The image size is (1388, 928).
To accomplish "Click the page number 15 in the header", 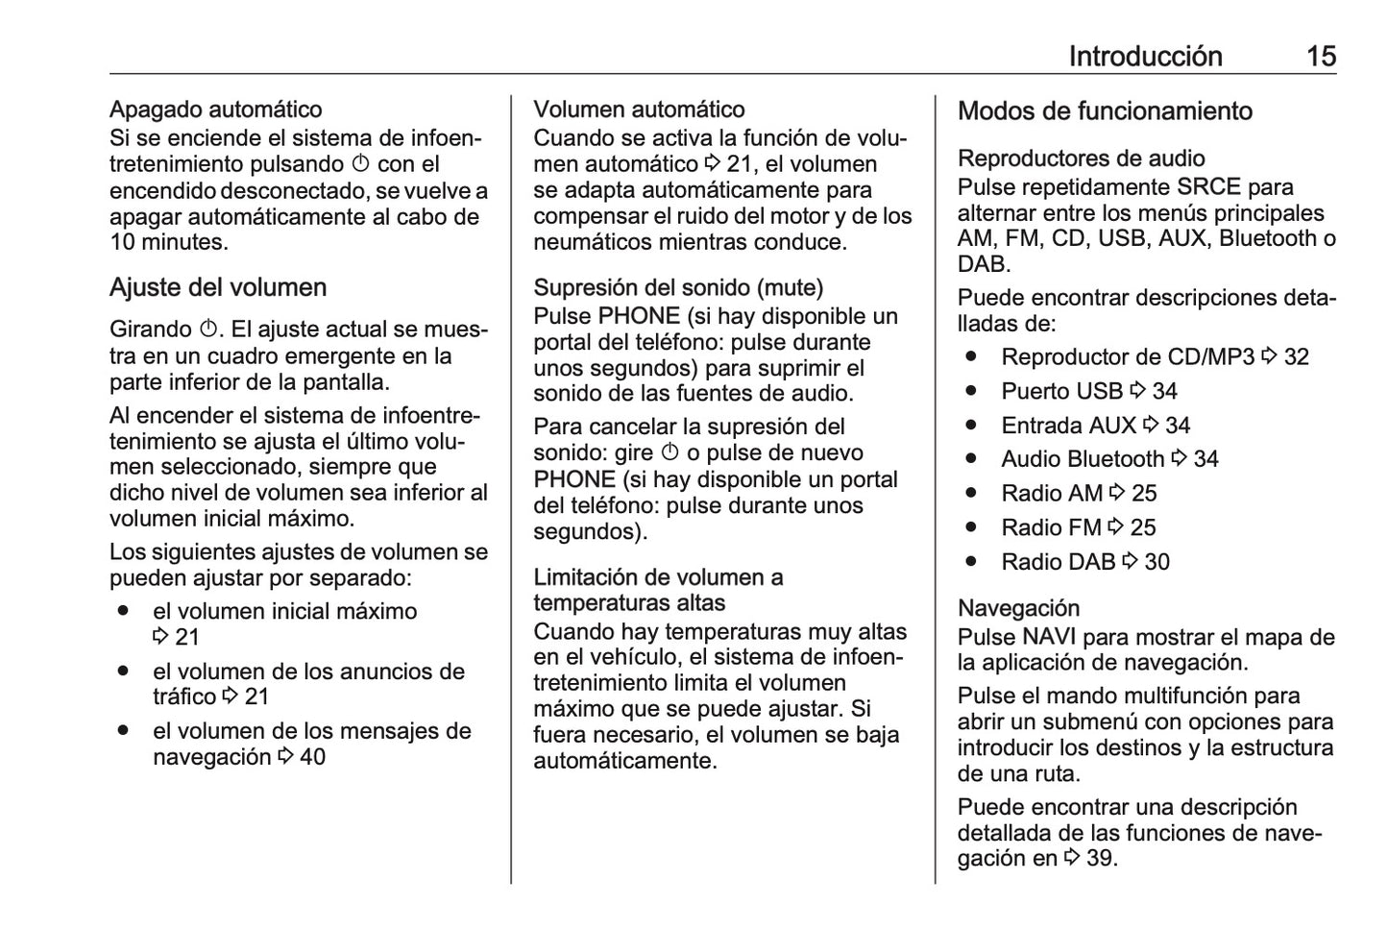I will tap(1321, 57).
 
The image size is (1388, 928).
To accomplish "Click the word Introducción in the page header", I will tap(1145, 57).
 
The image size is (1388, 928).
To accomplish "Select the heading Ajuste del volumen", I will tap(218, 288).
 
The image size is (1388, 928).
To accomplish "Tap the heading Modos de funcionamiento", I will tap(1105, 111).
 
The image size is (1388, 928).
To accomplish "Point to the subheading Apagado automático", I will tap(215, 110).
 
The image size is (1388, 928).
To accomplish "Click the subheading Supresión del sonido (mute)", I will tap(678, 288).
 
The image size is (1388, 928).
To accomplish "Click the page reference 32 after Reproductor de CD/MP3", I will tap(1297, 357).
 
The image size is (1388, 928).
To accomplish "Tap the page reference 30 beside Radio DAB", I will tap(1157, 563).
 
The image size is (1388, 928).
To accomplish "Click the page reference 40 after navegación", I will tap(312, 758).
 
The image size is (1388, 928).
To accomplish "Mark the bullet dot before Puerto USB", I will tap(972, 391).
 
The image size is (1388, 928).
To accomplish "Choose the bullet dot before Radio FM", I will tap(972, 527).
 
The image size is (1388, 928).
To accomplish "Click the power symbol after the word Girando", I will tap(208, 330).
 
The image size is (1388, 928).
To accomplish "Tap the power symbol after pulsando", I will tap(360, 165).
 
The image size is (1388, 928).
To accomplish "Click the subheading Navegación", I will tap(1018, 609).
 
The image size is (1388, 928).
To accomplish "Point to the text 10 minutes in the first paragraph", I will tap(167, 242).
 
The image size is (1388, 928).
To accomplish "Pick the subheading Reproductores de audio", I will tap(1081, 159).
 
